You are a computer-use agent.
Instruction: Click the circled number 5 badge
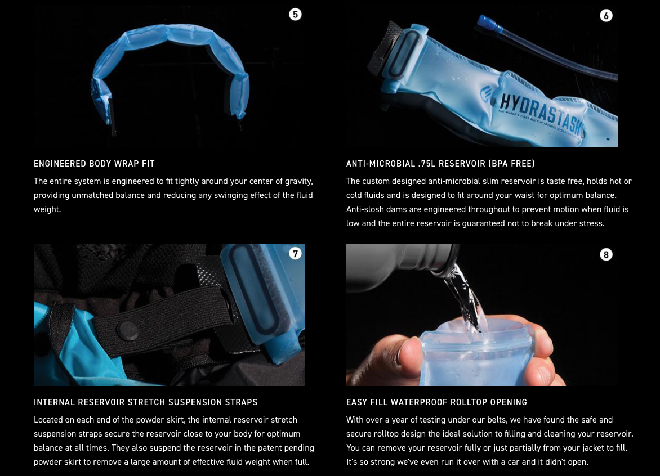(295, 14)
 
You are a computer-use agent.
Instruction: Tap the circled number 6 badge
(606, 16)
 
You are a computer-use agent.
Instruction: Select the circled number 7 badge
(295, 253)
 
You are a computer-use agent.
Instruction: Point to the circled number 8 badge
(606, 254)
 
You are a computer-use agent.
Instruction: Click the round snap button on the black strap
(127, 330)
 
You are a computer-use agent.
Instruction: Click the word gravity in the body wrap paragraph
(298, 182)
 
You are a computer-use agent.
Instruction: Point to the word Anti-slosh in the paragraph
(366, 209)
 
